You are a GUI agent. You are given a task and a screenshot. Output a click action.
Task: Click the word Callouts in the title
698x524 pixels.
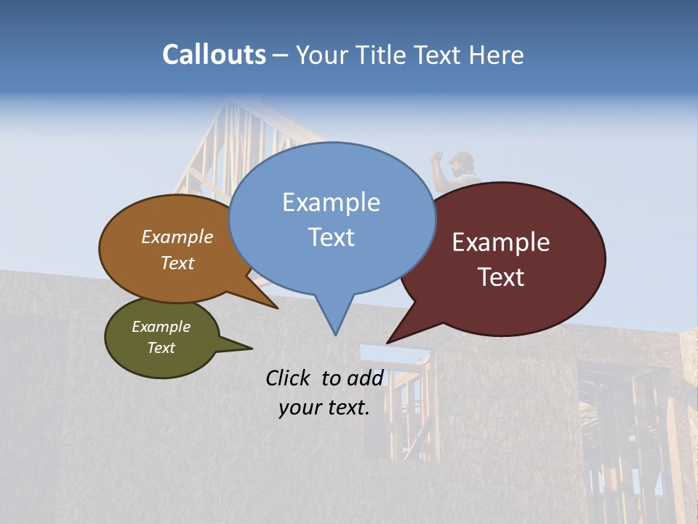(214, 55)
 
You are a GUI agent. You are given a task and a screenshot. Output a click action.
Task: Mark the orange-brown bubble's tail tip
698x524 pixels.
(277, 308)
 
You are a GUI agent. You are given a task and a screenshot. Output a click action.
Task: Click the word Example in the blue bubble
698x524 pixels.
(331, 202)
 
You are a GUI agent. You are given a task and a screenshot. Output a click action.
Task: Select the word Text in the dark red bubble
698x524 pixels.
(501, 277)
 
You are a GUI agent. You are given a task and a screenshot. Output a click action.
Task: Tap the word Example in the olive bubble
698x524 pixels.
(161, 327)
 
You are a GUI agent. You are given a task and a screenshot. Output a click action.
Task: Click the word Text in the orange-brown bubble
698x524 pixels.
(177, 263)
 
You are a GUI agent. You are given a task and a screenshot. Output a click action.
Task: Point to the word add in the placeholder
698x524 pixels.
(365, 378)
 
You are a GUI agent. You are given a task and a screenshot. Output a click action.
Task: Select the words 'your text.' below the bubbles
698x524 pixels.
(324, 408)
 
